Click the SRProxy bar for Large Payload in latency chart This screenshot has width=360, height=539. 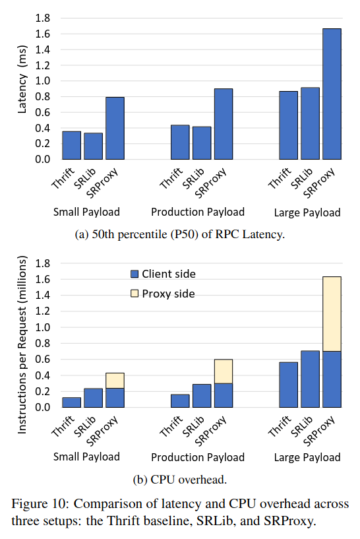pyautogui.click(x=332, y=94)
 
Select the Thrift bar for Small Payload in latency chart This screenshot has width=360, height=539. pyautogui.click(x=72, y=145)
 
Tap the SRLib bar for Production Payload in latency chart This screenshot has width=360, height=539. pyautogui.click(x=202, y=143)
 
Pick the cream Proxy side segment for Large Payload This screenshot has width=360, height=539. pyautogui.click(x=332, y=313)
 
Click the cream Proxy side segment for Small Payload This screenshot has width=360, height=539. pyautogui.click(x=115, y=380)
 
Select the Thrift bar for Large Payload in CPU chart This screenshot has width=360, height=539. pyautogui.click(x=288, y=385)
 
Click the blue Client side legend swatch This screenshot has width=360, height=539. pyautogui.click(x=135, y=274)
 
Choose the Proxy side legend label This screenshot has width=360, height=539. pyautogui.click(x=168, y=294)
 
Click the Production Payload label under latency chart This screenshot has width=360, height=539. pyautogui.click(x=198, y=212)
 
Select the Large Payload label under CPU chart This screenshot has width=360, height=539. pyautogui.click(x=307, y=457)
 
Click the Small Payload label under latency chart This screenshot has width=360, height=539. pyautogui.click(x=86, y=212)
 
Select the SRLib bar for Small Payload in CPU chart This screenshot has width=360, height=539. pyautogui.click(x=94, y=397)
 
